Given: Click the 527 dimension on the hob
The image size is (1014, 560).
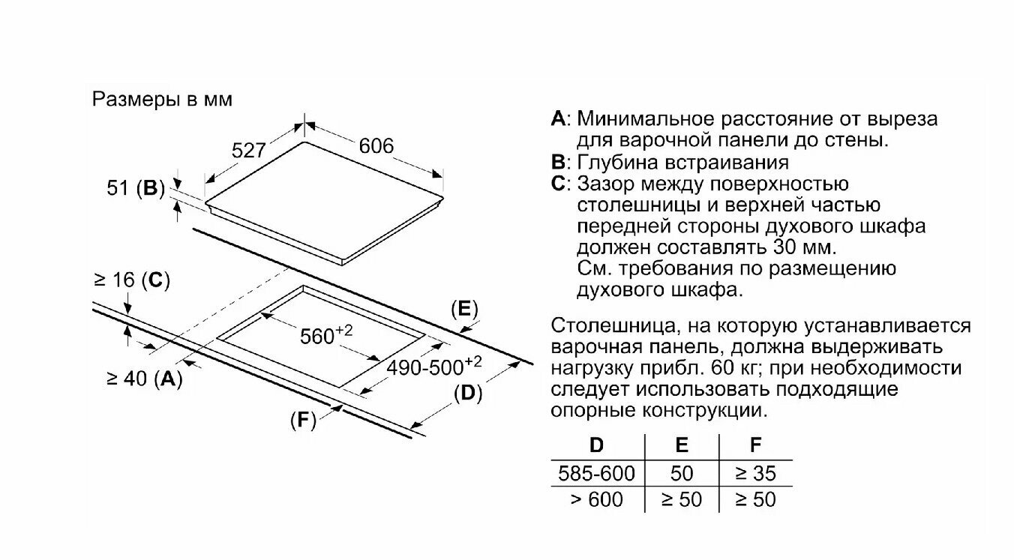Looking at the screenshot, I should [x=248, y=151].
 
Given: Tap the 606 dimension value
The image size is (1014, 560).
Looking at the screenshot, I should [x=376, y=146].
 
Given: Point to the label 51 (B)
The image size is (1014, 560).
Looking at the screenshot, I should [x=136, y=189].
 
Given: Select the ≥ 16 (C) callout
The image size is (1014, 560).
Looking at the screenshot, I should [x=132, y=280].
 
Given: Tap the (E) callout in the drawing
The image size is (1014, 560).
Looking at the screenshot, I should [x=464, y=310].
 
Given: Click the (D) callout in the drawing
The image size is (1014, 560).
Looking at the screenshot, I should [x=468, y=393].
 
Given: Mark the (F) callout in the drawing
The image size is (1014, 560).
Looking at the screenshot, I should [x=303, y=421].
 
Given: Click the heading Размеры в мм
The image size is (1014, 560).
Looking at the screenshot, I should [x=162, y=100].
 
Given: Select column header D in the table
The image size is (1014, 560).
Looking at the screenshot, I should [x=596, y=445].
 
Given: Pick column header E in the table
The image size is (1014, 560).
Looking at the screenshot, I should [x=681, y=445].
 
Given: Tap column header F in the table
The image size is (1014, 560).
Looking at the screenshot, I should [x=755, y=445].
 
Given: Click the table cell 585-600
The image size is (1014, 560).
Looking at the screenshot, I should [x=597, y=473].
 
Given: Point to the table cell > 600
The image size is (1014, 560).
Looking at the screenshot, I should [x=597, y=499].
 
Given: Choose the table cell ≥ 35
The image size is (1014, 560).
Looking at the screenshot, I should [x=755, y=473].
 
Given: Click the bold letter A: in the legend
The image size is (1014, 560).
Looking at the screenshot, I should [x=561, y=119].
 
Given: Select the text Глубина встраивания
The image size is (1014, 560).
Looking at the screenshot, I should [x=682, y=162].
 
